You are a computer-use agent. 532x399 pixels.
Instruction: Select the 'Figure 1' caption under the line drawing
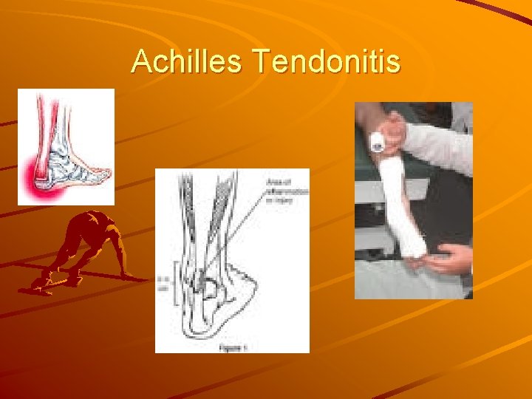coord(232,345)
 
